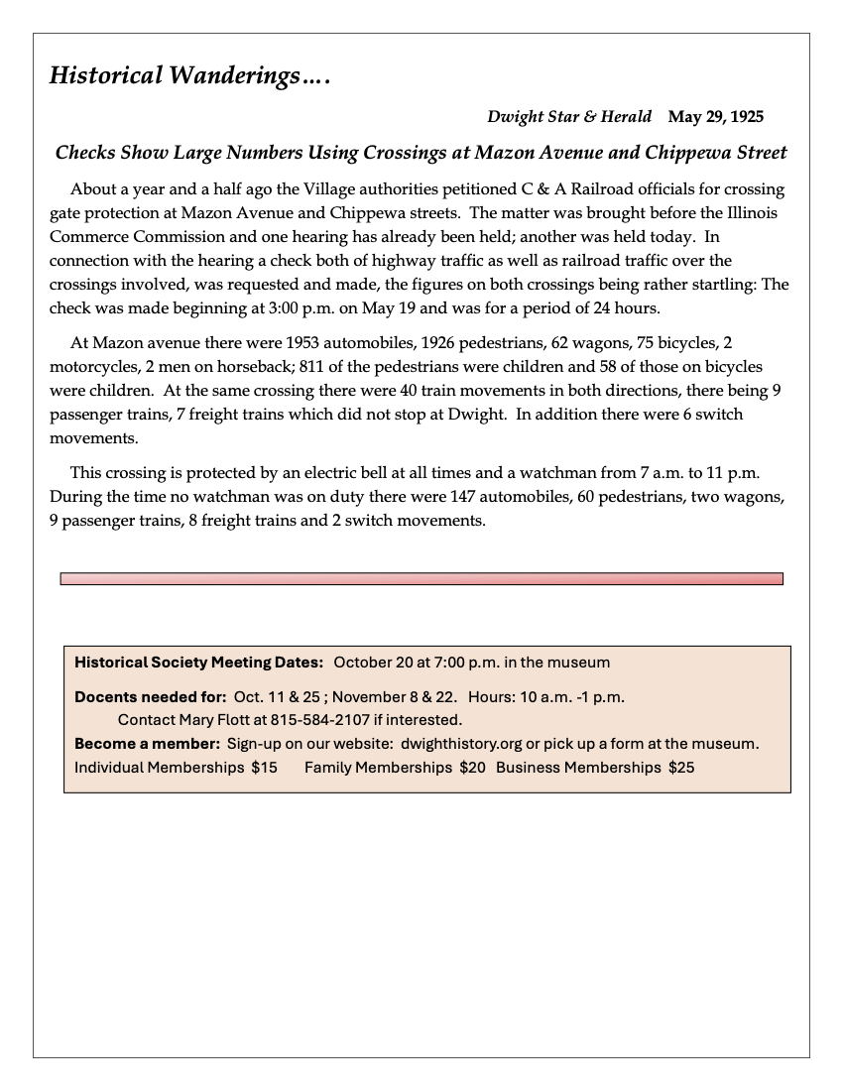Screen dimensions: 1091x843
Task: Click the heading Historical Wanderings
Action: (188, 75)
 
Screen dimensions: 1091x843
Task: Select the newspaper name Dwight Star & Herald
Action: (569, 117)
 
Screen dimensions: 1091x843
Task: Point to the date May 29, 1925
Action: (716, 117)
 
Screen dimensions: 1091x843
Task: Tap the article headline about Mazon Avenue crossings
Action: (421, 153)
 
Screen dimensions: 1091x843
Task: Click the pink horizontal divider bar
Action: (421, 578)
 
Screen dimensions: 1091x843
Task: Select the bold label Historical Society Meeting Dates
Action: (199, 662)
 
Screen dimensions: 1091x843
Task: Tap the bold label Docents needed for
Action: (151, 696)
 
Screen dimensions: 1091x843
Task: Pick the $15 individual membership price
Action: (264, 768)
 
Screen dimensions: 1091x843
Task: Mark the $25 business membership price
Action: (681, 768)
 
